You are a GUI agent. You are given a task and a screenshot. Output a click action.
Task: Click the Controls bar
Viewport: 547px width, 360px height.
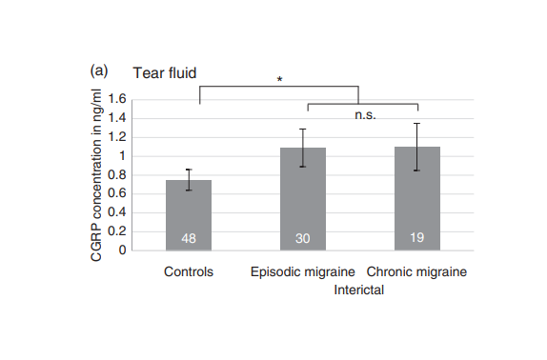point(189,215)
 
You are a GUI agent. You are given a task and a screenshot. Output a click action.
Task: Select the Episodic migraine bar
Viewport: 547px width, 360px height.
point(303,199)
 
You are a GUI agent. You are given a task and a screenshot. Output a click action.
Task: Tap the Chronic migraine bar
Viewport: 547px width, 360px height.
point(417,198)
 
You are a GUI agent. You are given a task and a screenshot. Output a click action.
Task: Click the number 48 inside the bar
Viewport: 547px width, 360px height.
point(189,239)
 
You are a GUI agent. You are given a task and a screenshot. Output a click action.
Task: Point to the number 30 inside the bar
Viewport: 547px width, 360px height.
point(303,239)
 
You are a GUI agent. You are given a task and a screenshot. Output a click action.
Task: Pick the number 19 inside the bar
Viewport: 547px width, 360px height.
point(417,238)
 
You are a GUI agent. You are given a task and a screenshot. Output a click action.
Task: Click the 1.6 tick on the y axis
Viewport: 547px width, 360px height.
point(117,99)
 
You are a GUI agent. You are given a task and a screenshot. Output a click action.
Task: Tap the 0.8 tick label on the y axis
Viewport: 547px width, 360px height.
point(117,174)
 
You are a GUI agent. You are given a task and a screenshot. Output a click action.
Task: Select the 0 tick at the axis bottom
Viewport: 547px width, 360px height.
point(122,250)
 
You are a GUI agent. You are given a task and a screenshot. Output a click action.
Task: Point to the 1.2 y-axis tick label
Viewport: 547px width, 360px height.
point(117,137)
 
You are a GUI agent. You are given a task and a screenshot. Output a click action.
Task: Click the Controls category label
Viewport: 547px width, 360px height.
point(189,271)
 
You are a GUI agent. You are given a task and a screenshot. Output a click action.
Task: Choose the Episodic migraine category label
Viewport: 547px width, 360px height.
point(303,271)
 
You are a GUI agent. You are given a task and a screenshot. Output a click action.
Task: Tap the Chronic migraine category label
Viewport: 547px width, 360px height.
point(416,271)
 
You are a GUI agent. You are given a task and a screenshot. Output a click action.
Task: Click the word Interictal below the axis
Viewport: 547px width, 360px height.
point(359,290)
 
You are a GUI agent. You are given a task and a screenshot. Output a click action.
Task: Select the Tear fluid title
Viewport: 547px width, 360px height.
point(165,73)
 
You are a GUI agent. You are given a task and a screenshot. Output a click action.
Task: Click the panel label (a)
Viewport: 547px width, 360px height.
point(99,71)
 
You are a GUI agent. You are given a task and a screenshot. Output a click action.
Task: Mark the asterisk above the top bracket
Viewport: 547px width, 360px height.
point(279,80)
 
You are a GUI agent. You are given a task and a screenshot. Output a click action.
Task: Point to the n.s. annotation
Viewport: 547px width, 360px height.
point(365,115)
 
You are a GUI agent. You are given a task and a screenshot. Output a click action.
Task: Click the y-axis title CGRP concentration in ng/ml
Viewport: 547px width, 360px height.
point(96,175)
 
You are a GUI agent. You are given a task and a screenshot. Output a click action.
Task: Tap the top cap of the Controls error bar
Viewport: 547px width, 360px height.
point(189,170)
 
